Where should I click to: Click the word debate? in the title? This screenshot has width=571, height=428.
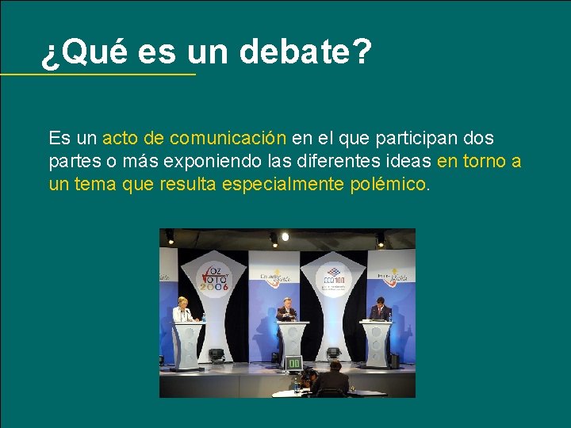point(305,53)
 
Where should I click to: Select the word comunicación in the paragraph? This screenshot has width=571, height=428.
point(228,139)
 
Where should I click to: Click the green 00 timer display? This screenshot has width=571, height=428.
point(293,363)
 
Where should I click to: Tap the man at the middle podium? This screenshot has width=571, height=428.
point(286,309)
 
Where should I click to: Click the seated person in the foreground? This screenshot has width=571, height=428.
point(331,379)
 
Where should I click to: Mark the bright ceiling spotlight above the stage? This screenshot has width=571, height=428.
point(285,236)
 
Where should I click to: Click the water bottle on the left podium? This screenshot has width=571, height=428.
point(203,317)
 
